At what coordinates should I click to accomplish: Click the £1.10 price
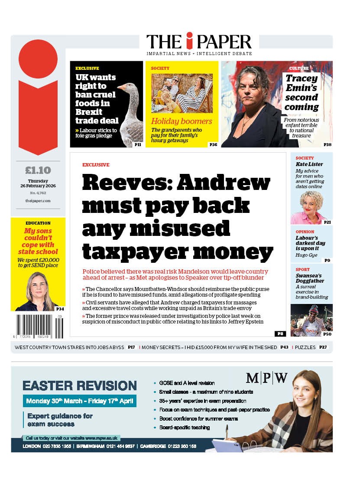point(38,170)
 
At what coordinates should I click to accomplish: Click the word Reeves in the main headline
point(123,183)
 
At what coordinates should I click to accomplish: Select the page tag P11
point(138,144)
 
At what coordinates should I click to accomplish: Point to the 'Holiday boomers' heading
point(182,121)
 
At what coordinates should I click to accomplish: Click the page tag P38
point(327,144)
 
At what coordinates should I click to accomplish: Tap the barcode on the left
point(39,326)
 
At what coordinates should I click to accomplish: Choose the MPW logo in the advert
point(266,378)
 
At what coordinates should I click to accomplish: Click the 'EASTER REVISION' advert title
point(80,386)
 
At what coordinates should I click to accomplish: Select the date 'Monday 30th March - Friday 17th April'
point(80,401)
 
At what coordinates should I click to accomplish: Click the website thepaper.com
point(38,201)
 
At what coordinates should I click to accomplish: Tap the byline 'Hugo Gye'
point(306,255)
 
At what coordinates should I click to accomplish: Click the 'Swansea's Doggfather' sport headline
point(310,278)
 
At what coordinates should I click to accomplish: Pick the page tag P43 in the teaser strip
point(284,347)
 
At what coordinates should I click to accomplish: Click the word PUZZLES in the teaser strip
point(305,347)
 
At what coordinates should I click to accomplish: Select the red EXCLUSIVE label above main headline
point(96,165)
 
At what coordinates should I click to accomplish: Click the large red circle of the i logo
point(38,59)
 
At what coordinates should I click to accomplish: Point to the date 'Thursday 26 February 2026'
point(38,183)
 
